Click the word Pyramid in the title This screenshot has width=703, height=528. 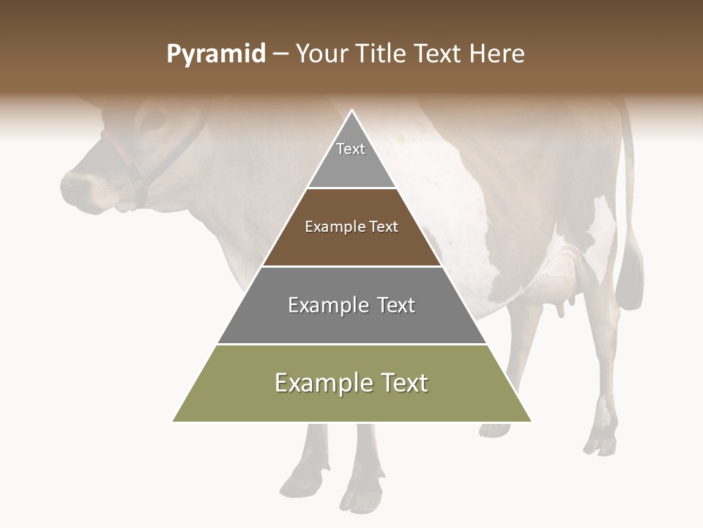click(216, 54)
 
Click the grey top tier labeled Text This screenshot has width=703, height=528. click(351, 158)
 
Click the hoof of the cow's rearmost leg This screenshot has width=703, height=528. click(600, 444)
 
